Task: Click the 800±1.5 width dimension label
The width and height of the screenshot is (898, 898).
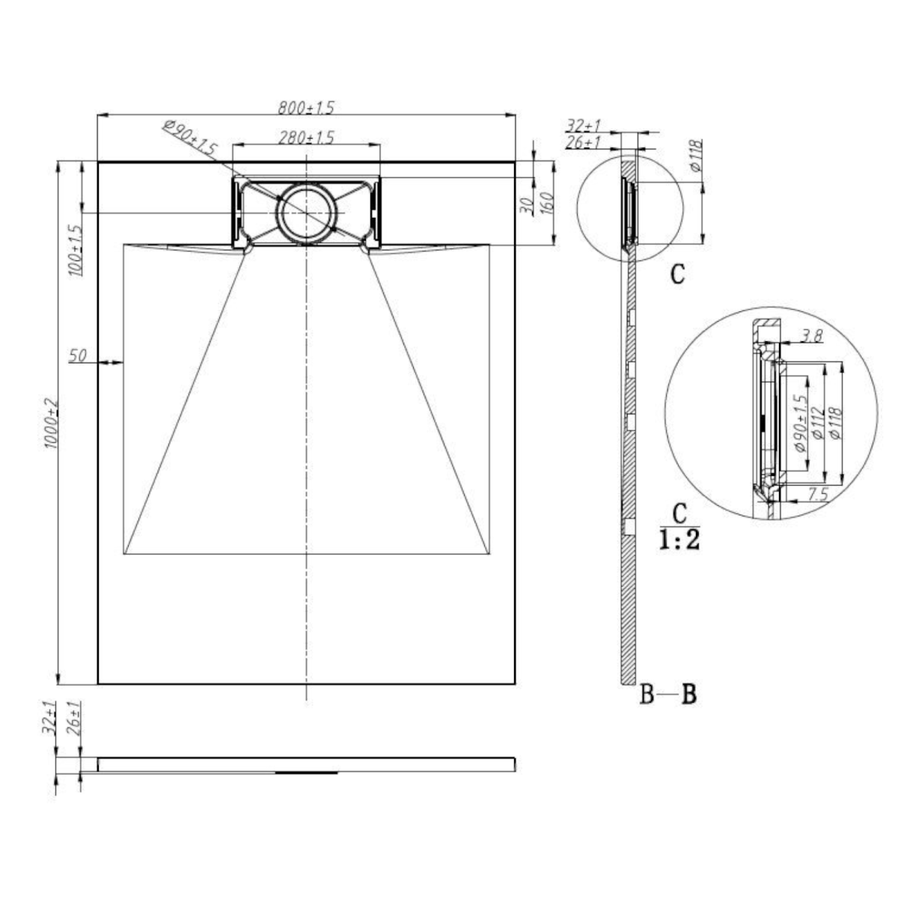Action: pos(306,108)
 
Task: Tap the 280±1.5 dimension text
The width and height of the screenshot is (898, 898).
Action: pos(306,138)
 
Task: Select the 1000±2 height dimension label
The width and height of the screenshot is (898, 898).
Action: pos(52,423)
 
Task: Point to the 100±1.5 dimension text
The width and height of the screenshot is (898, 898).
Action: pos(75,250)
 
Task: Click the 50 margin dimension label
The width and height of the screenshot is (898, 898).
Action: pos(77,356)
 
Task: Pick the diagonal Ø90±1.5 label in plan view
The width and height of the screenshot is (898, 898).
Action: pos(190,138)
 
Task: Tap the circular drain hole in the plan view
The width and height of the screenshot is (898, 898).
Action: pos(306,212)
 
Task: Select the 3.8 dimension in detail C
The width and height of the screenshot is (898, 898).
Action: pos(812,335)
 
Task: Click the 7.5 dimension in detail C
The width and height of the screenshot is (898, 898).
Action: pos(819,494)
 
